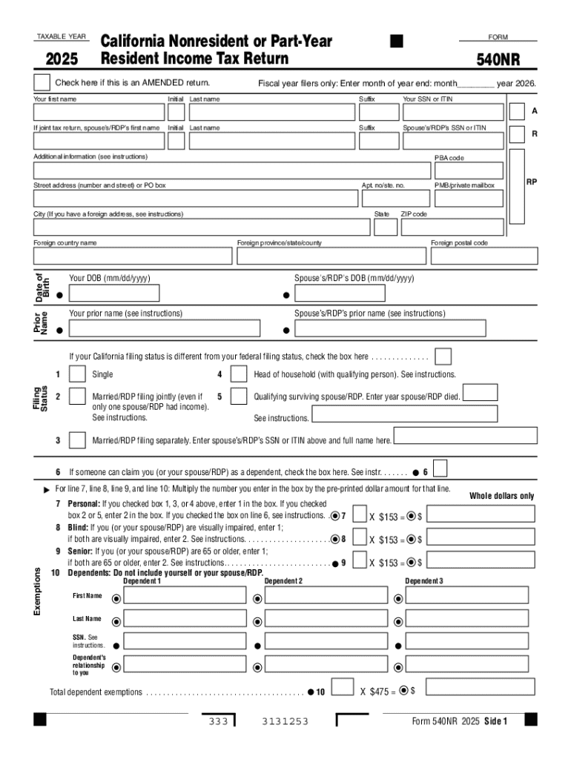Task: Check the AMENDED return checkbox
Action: coord(42,82)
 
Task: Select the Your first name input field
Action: coord(98,112)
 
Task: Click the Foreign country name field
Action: coord(133,256)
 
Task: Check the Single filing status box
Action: coord(76,375)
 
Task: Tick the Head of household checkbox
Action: coord(239,375)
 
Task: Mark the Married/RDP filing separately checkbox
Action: coord(76,440)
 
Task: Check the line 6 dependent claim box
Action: coord(440,468)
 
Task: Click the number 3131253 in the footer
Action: coord(285,721)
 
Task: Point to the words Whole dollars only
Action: coord(501,496)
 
